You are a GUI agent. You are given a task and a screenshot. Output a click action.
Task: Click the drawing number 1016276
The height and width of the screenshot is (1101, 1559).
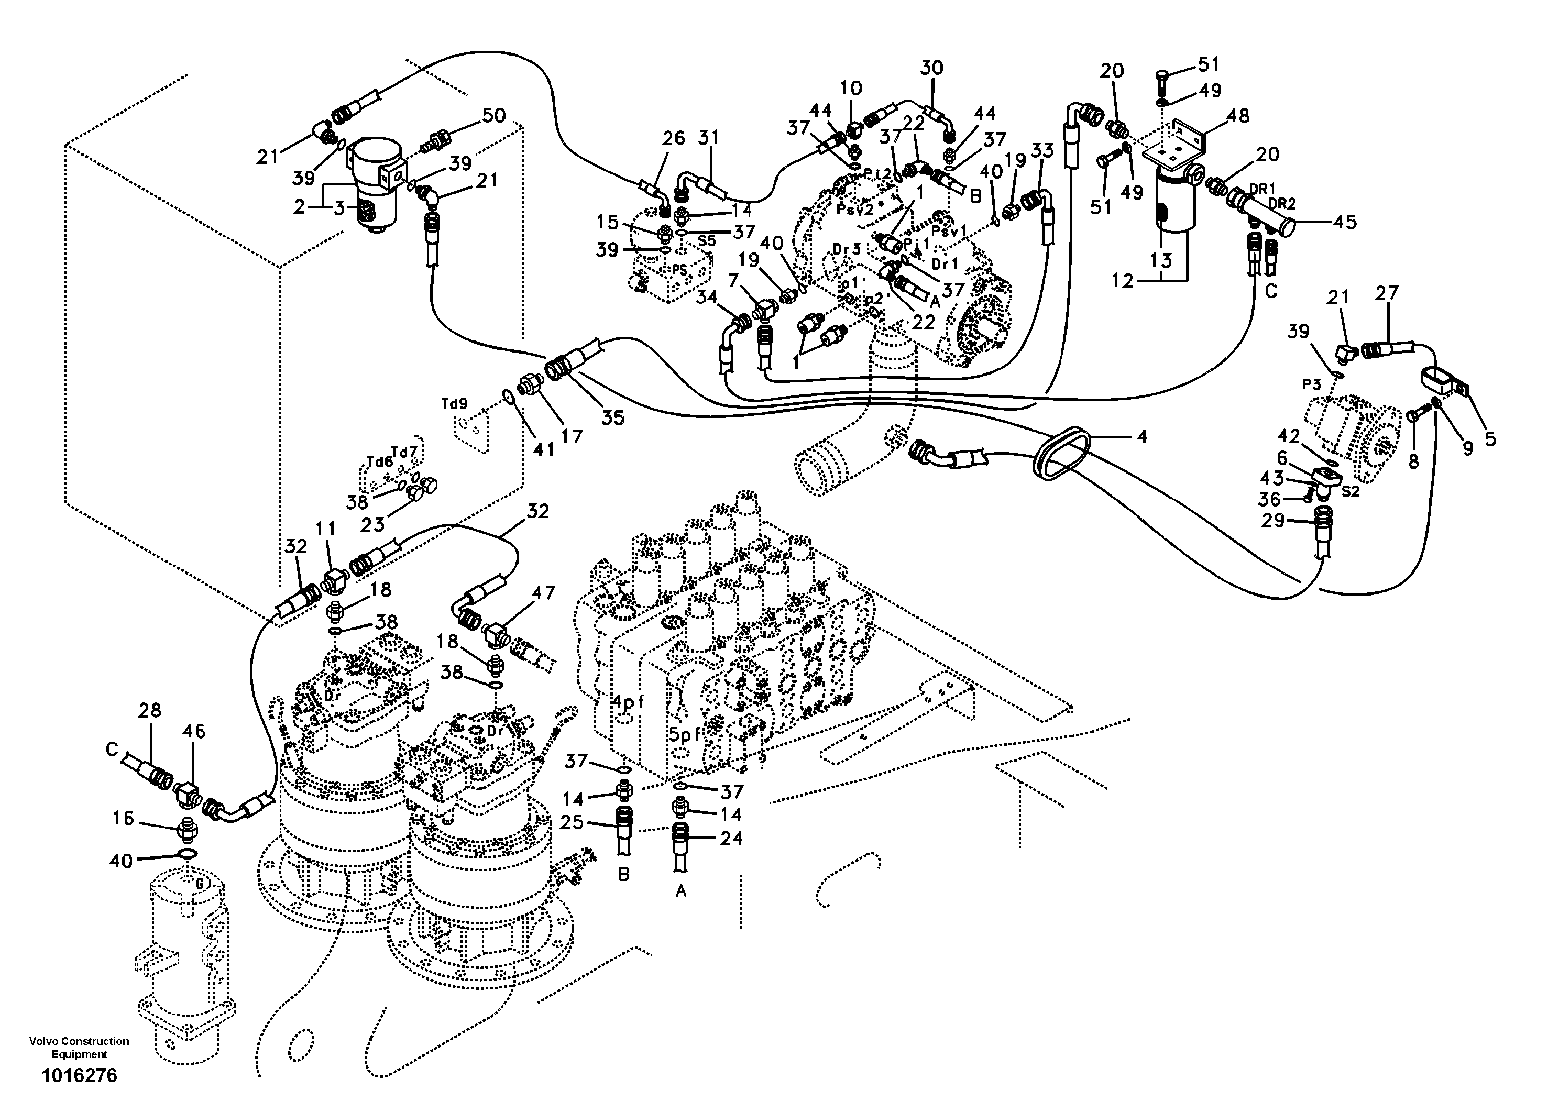(x=80, y=1075)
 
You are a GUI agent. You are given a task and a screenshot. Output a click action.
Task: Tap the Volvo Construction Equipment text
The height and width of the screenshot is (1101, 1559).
(x=80, y=1048)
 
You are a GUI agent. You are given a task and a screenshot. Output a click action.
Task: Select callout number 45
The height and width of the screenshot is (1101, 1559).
(x=1344, y=222)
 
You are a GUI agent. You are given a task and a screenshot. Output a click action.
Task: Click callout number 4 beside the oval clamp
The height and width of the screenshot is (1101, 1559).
(x=1142, y=436)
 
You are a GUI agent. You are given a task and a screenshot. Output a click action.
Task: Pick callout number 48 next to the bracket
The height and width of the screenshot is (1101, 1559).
(x=1238, y=117)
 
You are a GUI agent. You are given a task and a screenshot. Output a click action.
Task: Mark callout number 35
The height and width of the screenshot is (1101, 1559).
(x=612, y=418)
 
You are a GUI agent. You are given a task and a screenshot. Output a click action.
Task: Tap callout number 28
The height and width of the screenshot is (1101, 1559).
(x=149, y=711)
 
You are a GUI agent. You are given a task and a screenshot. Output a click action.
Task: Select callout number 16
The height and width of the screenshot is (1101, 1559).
(x=123, y=819)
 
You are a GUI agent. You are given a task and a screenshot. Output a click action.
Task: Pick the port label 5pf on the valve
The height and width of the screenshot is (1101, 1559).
(x=684, y=734)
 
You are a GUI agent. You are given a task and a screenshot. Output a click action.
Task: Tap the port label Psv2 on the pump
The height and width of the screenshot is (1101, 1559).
(x=853, y=210)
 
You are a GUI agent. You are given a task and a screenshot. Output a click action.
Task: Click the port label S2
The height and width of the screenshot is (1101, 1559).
(x=1350, y=491)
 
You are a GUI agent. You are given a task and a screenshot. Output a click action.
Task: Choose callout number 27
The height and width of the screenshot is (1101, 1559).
(x=1387, y=293)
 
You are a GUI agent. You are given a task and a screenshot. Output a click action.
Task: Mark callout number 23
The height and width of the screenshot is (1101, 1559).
(x=372, y=523)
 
